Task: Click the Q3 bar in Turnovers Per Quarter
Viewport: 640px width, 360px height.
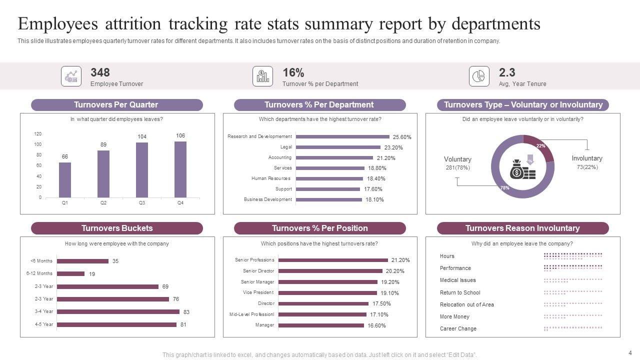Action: pos(142,169)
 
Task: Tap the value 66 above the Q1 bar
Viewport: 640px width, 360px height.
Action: pos(65,156)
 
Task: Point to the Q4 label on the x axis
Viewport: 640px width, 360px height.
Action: pos(180,203)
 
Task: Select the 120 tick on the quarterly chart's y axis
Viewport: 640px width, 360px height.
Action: pos(38,134)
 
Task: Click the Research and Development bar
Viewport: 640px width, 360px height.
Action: pos(342,136)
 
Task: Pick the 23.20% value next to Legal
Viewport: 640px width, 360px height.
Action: pos(393,147)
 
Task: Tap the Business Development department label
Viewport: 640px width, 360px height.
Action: pos(267,199)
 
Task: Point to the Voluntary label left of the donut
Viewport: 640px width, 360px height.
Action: pos(457,159)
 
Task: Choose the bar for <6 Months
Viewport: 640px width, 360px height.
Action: pos(82,261)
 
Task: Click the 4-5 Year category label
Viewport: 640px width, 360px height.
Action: pos(44,324)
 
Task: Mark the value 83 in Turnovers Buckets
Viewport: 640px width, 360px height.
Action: pos(186,312)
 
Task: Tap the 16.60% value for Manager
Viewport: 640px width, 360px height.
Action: pos(376,325)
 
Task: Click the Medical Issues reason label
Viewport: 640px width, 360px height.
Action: pos(457,280)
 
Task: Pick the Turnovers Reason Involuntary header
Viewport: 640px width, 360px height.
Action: pos(522,228)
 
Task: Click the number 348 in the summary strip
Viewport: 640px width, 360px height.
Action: pos(100,72)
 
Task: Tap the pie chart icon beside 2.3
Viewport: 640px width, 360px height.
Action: pos(479,76)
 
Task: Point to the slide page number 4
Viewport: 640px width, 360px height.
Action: pos(630,352)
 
